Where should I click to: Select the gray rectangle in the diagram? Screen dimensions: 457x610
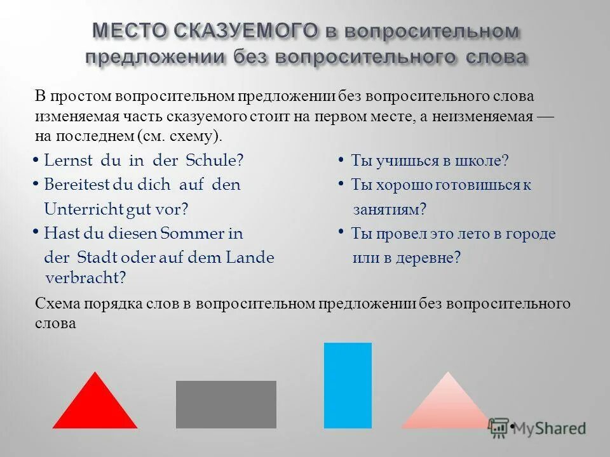pos(226,404)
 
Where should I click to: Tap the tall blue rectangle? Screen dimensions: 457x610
pos(348,385)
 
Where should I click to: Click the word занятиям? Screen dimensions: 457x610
pos(390,209)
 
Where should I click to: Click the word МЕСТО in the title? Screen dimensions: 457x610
pos(127,30)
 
